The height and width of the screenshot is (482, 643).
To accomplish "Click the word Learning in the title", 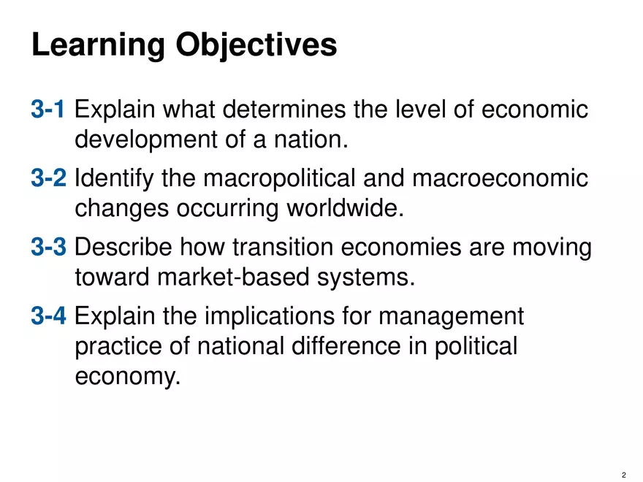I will coord(97,45).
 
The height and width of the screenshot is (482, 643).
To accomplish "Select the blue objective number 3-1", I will coord(50,110).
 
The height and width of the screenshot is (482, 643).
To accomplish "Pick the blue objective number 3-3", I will coord(50,248).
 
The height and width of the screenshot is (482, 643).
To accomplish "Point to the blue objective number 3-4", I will coord(50,316).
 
